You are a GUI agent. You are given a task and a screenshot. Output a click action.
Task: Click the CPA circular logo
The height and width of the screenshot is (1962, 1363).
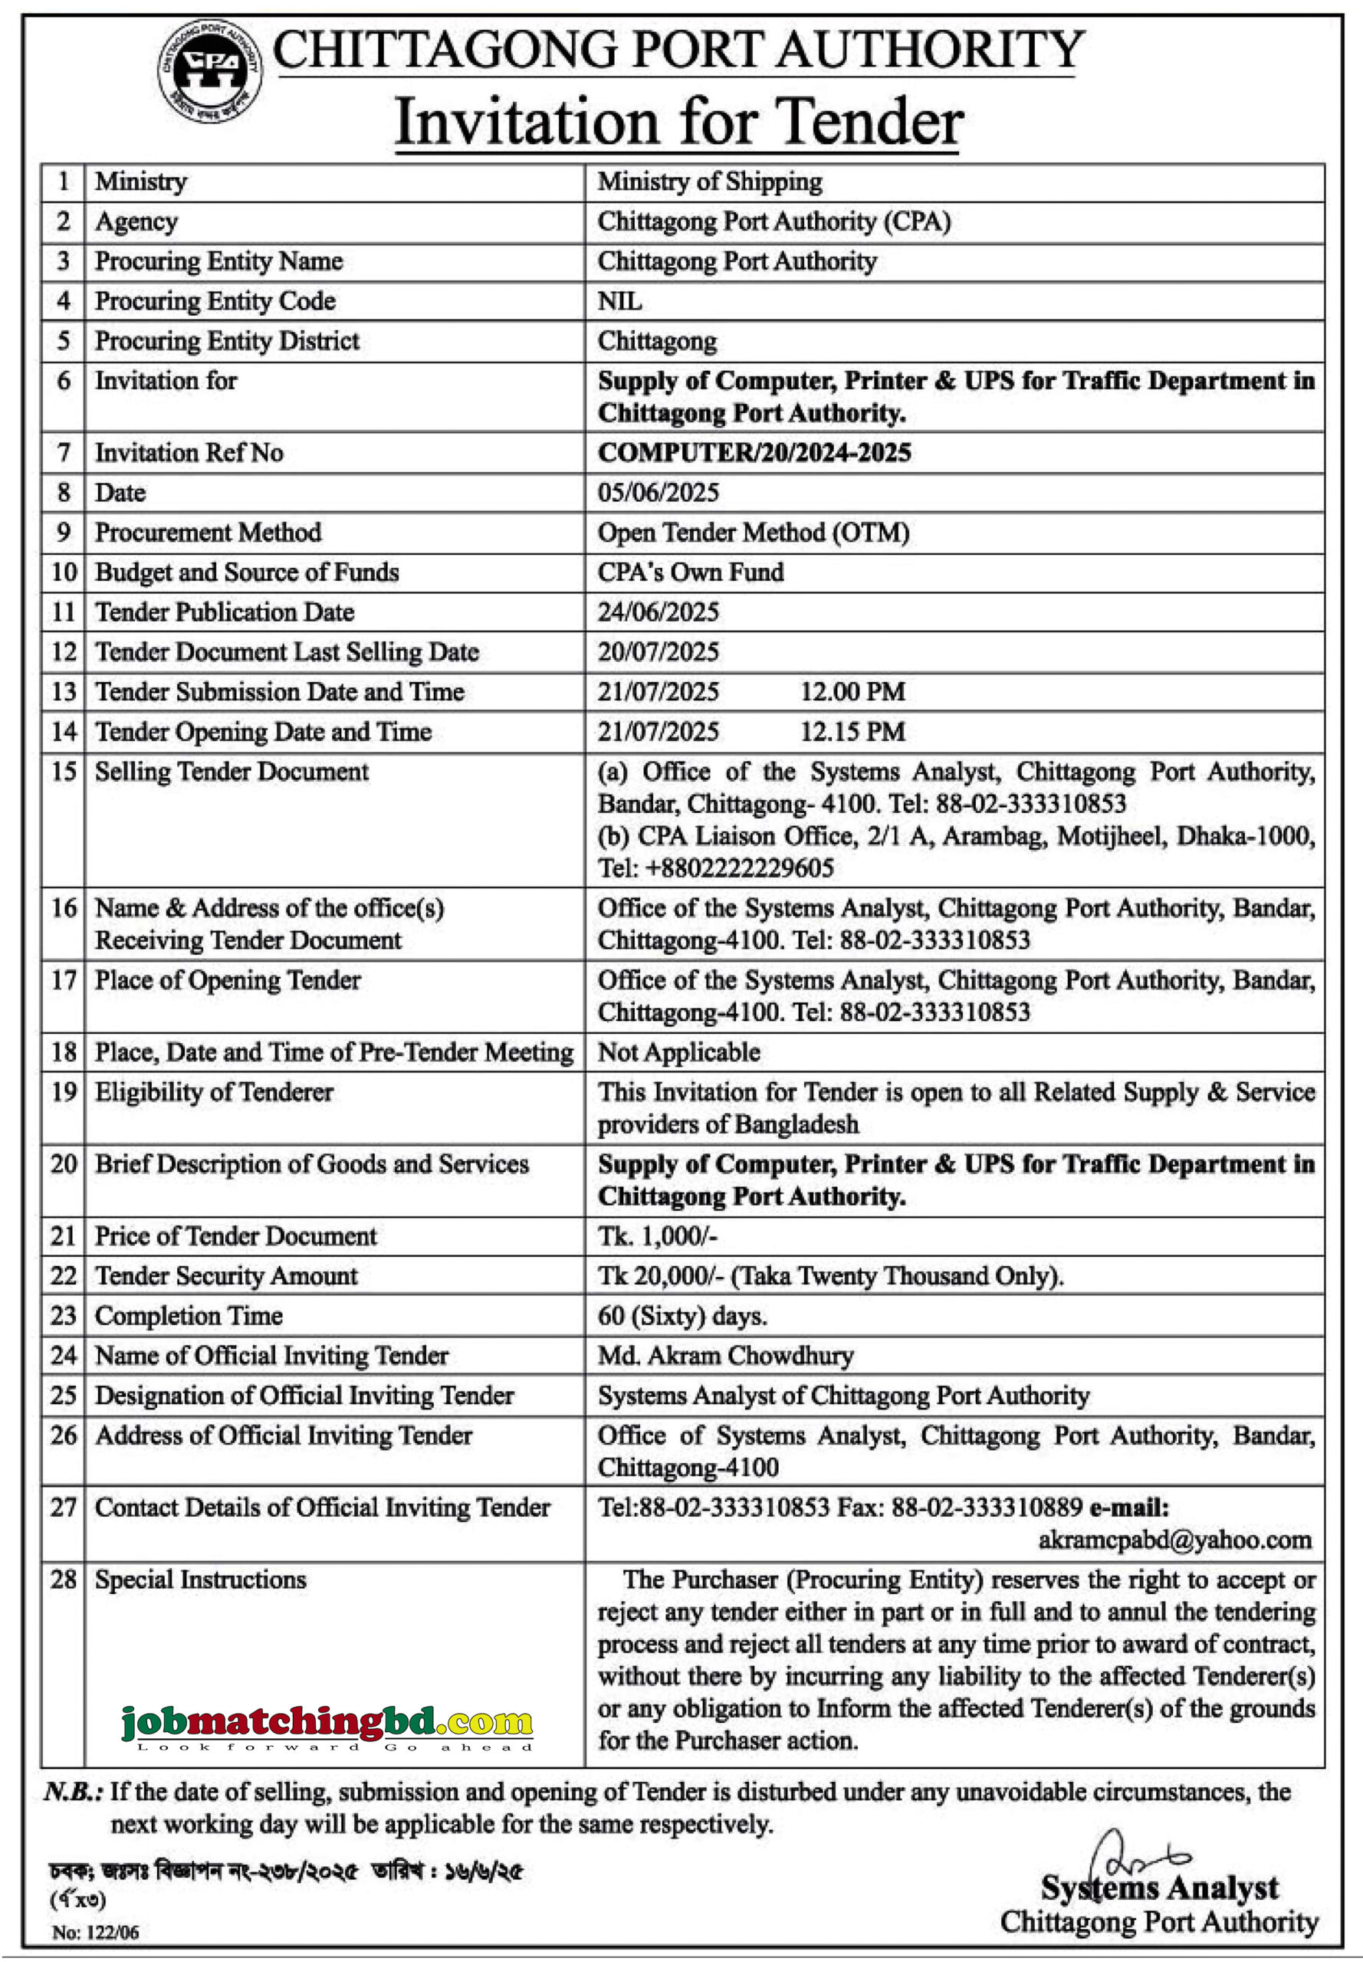click(209, 70)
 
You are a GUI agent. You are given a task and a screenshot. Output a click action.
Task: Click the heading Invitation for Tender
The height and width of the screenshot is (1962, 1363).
click(679, 122)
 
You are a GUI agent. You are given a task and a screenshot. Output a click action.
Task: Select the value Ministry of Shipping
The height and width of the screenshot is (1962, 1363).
click(710, 181)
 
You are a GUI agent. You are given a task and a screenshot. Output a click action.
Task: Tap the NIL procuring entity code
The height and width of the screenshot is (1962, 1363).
click(619, 300)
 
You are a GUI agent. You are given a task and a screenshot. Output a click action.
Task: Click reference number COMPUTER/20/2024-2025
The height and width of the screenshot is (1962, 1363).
click(754, 451)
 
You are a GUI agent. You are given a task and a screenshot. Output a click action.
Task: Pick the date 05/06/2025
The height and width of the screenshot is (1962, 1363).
click(658, 492)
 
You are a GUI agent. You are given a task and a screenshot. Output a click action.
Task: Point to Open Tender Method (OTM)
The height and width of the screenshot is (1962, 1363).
click(754, 532)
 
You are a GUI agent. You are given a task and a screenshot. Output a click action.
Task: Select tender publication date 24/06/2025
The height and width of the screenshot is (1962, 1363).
click(658, 612)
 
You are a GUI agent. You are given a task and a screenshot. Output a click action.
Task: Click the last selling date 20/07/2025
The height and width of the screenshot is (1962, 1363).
click(658, 651)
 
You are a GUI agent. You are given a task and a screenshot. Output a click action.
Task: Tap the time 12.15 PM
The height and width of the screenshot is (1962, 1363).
click(852, 731)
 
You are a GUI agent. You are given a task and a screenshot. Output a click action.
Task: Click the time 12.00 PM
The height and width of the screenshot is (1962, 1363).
click(852, 691)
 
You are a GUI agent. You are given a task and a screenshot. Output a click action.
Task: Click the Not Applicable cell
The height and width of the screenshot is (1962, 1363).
click(678, 1051)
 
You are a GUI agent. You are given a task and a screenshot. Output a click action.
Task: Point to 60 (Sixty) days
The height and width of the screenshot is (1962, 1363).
click(681, 1315)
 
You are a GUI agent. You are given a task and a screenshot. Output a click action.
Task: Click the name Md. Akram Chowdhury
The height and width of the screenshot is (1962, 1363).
click(725, 1355)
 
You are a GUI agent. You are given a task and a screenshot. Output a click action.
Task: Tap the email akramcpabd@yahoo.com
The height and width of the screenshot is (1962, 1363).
click(1174, 1540)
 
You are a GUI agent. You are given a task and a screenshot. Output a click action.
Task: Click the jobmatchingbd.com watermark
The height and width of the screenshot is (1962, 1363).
click(327, 1723)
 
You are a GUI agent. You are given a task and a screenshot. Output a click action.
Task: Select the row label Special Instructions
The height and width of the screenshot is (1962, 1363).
click(200, 1580)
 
